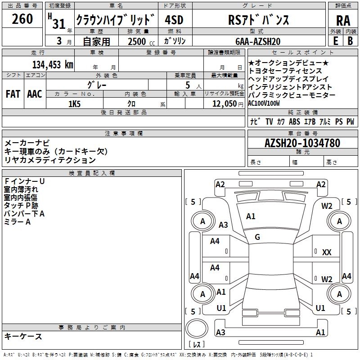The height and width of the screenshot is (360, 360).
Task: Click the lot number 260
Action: [x=22, y=19]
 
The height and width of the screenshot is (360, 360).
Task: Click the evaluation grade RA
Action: [x=343, y=21]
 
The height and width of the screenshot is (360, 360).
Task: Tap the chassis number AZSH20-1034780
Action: [x=302, y=143]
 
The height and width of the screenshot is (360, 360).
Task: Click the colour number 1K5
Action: [x=74, y=103]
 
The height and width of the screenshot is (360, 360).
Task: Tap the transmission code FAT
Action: [x=13, y=94]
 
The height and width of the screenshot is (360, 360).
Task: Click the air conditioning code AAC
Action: [x=34, y=94]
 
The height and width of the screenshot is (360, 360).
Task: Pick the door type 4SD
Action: [x=174, y=20]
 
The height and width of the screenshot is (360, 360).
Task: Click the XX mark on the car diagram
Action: [x=327, y=252]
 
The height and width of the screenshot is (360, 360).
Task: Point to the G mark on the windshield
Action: [x=257, y=237]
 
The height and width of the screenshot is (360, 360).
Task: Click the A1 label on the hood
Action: [x=251, y=216]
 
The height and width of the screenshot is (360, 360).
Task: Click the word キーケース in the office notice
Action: [x=23, y=336]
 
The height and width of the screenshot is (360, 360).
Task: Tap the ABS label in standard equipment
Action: [x=295, y=121]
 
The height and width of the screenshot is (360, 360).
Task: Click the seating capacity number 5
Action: [x=187, y=85]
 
